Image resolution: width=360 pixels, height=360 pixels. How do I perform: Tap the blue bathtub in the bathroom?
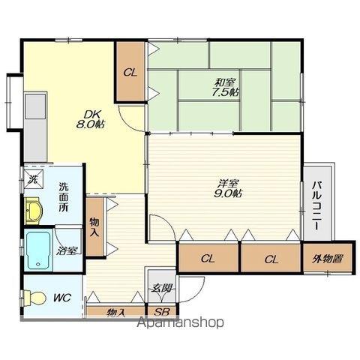pos(38,250)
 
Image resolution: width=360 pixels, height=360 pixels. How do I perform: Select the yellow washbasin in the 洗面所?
pos(33,210)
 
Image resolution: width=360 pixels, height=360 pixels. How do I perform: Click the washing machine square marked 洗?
pos(33,178)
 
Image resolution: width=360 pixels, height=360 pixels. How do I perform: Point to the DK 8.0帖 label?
pos(91,119)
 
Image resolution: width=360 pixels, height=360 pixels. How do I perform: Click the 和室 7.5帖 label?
pos(225,87)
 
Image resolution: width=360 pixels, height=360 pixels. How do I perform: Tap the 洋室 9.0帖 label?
pos(227,189)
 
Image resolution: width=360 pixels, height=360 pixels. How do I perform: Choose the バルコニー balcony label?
pos(316,206)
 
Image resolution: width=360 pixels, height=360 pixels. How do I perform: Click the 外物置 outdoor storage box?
pos(328,259)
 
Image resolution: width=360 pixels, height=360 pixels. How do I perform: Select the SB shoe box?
pos(162,312)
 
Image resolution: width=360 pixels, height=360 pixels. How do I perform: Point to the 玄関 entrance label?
pos(162,289)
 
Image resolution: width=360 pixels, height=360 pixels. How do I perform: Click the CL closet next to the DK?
pos(130,72)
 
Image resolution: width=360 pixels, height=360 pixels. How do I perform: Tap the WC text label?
pos(62,298)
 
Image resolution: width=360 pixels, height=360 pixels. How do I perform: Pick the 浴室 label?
pos(67,250)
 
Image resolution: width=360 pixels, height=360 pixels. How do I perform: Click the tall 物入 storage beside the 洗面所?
pos(94,227)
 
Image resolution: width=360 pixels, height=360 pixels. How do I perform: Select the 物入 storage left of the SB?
pos(115,312)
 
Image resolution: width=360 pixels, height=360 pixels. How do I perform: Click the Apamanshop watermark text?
pos(181,322)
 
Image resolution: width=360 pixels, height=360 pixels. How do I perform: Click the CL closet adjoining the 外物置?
pos(271,259)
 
